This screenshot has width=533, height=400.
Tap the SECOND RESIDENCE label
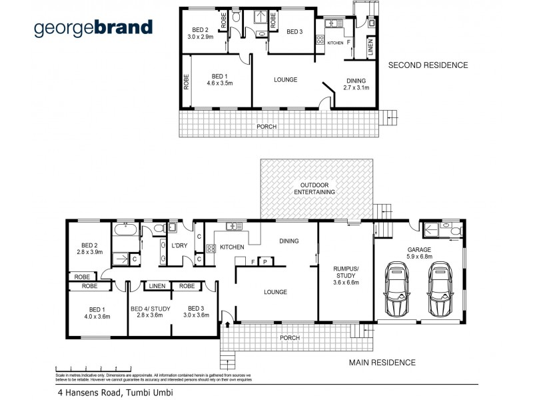tap(428, 65)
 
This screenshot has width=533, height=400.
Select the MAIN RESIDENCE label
tap(382, 363)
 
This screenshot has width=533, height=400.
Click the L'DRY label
tap(179, 247)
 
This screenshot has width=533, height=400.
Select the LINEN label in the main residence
tap(157, 286)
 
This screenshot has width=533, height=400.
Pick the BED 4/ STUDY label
tap(151, 312)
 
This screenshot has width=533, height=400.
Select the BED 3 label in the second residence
tap(294, 31)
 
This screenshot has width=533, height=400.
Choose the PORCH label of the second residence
tap(266, 127)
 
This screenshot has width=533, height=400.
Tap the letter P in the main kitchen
tap(265, 261)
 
